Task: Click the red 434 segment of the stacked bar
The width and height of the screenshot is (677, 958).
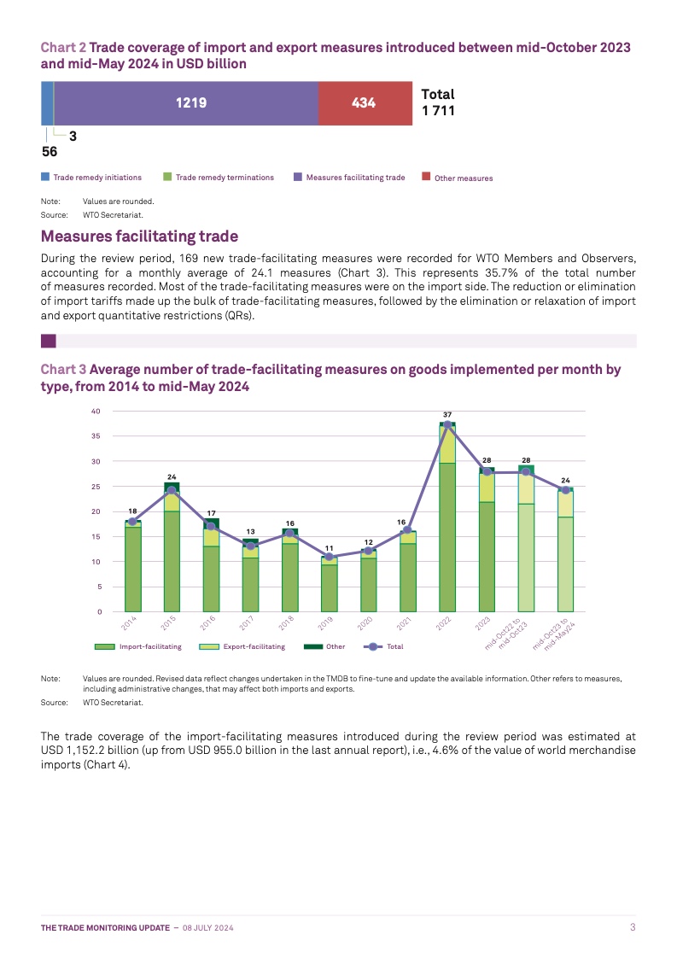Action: [364, 103]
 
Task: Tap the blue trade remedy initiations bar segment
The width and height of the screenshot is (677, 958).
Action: [47, 103]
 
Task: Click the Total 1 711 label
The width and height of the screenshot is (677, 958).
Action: [438, 102]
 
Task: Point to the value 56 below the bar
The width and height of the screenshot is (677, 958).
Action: [50, 152]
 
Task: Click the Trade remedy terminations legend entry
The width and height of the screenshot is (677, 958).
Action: [225, 178]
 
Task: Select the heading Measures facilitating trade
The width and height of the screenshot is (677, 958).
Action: [139, 236]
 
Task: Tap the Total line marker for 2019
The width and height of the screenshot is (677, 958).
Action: [330, 557]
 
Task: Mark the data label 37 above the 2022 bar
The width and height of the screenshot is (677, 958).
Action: [447, 414]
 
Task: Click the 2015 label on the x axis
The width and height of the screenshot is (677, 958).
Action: [169, 624]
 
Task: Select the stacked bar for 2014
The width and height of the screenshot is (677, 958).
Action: [132, 568]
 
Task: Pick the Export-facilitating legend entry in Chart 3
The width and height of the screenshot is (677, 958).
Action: [254, 646]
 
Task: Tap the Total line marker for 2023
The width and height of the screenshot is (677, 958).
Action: [487, 471]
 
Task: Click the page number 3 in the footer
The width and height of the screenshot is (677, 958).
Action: [633, 927]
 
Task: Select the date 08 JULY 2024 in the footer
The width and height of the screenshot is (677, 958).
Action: [208, 927]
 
